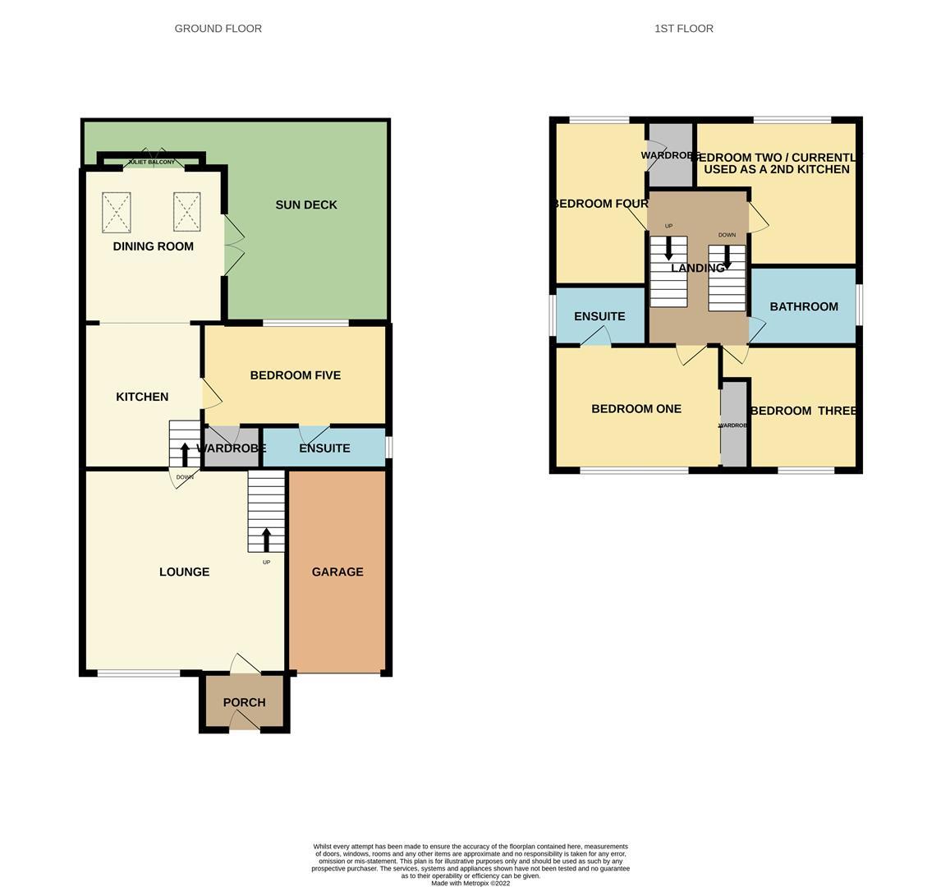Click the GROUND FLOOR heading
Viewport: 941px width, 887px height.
click(218, 29)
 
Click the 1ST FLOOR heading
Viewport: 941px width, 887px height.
click(683, 29)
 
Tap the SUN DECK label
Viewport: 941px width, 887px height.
click(306, 205)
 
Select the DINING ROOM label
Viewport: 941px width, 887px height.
click(154, 246)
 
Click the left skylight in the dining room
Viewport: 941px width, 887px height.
click(117, 213)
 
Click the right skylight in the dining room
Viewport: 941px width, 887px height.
click(187, 212)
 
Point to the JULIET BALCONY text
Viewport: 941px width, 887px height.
click(151, 163)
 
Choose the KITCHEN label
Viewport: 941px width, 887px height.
click(142, 397)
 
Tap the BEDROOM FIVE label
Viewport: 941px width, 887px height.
click(296, 375)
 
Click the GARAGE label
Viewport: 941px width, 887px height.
click(337, 572)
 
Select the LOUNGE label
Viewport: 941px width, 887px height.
click(184, 572)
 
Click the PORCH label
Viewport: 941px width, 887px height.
click(244, 703)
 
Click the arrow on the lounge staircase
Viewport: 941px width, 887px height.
click(266, 539)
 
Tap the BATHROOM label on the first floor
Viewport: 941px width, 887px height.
click(804, 307)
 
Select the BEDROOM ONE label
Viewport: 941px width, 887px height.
click(636, 409)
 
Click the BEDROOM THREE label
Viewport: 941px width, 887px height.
click(804, 411)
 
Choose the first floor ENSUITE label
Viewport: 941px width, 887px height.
click(599, 317)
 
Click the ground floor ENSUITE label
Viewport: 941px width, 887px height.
click(324, 448)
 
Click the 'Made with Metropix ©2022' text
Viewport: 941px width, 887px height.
click(470, 884)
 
